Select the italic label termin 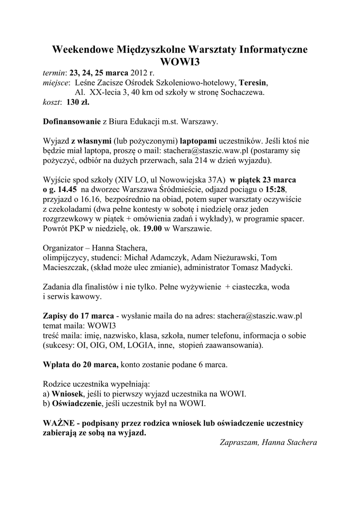pos(54,72)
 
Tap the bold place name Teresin pos(253,82)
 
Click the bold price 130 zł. pos(78,102)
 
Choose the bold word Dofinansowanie pos(71,121)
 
